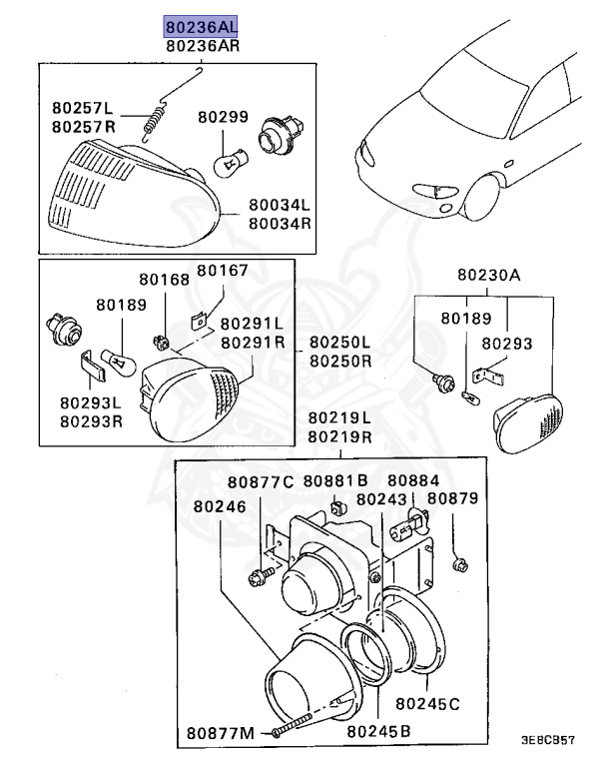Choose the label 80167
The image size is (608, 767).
click(221, 270)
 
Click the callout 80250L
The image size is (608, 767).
click(339, 342)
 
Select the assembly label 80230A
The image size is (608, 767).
click(489, 275)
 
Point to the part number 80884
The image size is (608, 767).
click(412, 480)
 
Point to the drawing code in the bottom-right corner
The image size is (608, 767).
click(547, 742)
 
